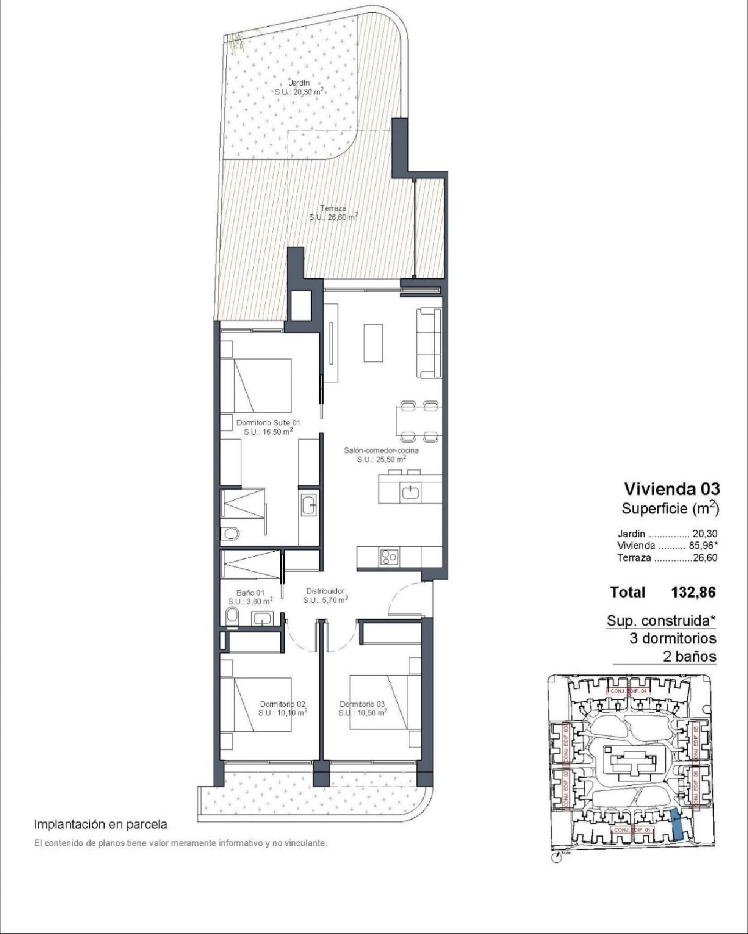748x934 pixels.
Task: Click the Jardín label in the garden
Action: pos(299,83)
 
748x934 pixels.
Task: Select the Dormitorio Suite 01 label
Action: pos(268,423)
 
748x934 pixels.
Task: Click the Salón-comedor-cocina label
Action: pos(381,451)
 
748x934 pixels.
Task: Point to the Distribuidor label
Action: pos(325,591)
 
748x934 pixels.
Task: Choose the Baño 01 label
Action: pos(250,593)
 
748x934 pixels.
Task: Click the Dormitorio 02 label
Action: pos(282,704)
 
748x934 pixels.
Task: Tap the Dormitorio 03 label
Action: pos(362,704)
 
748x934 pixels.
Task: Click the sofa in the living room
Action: pos(429,343)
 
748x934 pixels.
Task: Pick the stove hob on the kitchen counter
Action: pos(389,556)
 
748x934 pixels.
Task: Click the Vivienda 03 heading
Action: pos(672,489)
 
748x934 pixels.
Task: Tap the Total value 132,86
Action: pos(693,592)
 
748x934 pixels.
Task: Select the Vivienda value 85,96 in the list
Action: pos(704,545)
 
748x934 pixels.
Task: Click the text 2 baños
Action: pos(689,656)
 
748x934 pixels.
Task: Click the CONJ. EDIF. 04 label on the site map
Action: pos(629,691)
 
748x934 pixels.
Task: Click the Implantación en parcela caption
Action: pos(100,824)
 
